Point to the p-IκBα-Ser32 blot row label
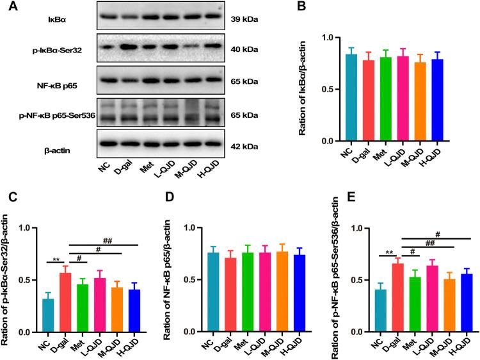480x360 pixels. coord(44,50)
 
